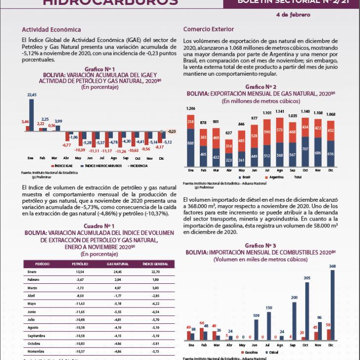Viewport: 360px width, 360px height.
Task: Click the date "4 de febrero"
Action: [293, 14]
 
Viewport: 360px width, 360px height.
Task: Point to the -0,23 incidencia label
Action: [172, 131]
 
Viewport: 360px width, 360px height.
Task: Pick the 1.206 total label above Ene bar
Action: [190, 108]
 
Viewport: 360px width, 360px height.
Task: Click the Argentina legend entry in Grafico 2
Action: [275, 177]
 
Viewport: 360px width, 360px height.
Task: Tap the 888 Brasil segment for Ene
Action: [190, 143]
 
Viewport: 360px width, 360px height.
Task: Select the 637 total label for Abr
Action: [228, 133]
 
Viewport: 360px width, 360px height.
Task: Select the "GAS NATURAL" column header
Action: [118, 264]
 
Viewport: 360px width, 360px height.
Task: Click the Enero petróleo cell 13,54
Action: [80, 271]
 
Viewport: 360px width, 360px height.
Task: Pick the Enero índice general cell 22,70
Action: [156, 271]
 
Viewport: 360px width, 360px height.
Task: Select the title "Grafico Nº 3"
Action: [260, 245]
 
